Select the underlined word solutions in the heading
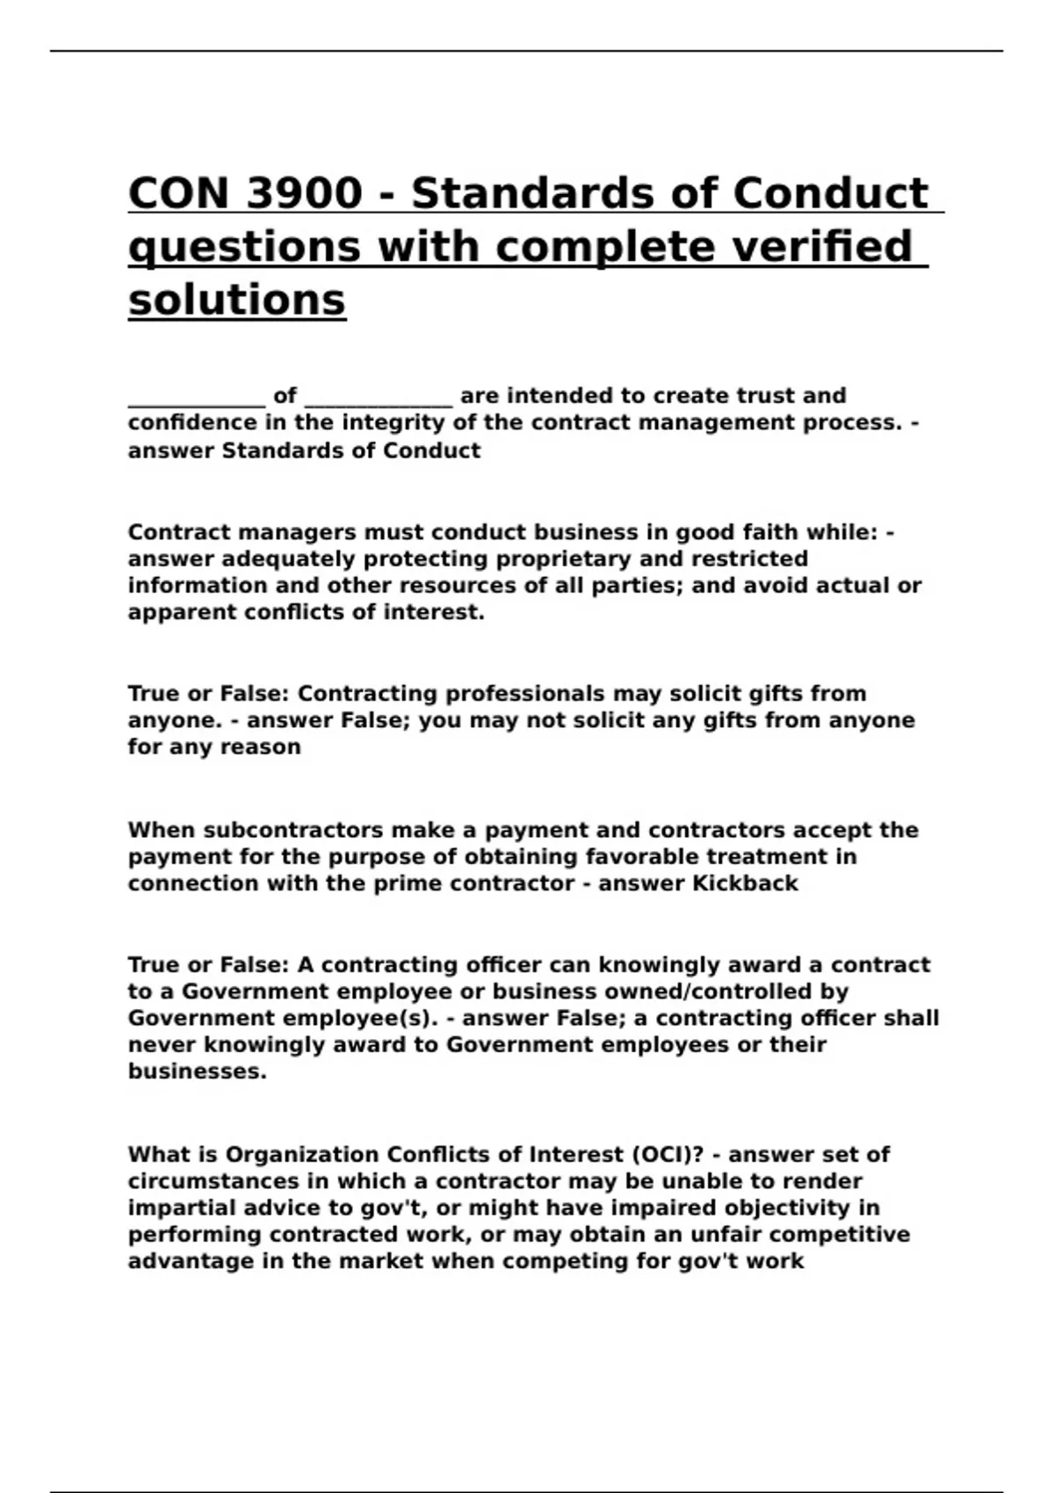coord(237,299)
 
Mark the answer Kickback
coord(746,883)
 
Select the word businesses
coord(197,1071)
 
